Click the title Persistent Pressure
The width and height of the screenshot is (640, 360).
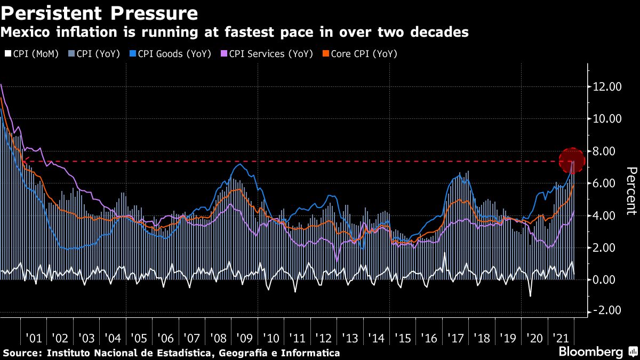coord(100,12)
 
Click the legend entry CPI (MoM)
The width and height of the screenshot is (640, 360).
coord(31,54)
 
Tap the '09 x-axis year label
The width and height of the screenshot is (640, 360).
coord(244,339)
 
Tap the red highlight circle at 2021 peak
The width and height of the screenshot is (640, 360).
coord(573,161)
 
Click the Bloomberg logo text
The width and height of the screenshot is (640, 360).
coord(590,352)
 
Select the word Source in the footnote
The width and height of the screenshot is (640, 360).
coord(20,353)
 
